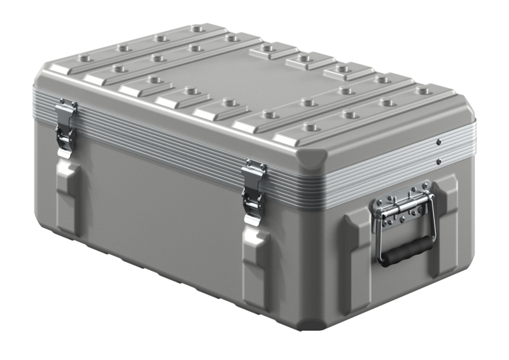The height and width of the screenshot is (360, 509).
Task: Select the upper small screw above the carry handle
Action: point(439,141)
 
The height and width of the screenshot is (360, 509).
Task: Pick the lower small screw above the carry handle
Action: point(439,161)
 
